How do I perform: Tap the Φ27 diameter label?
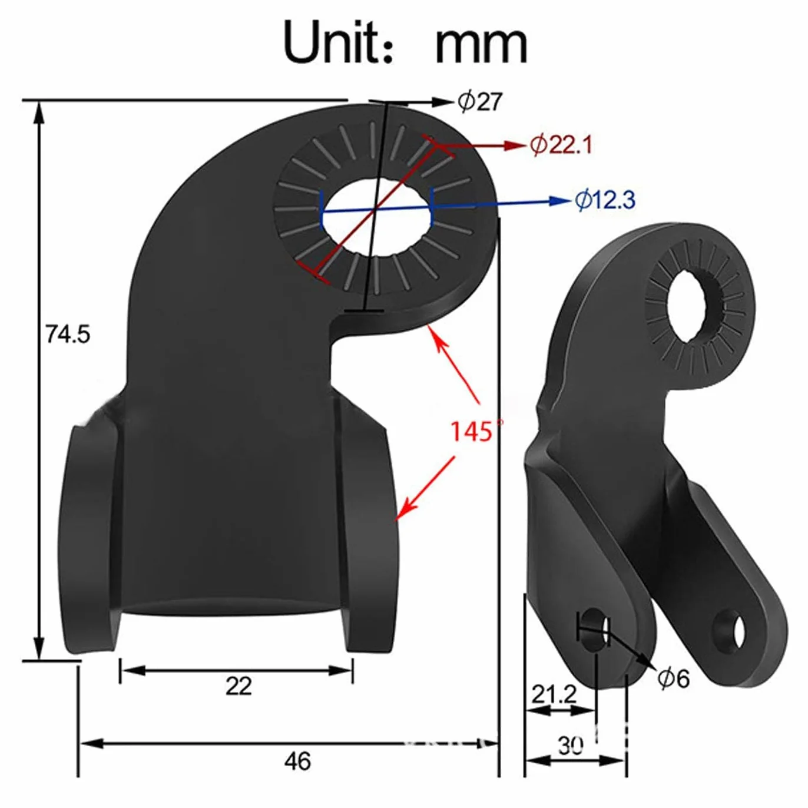coord(480,102)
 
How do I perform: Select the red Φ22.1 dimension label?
coord(561,145)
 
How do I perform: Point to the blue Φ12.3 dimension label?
coord(605,200)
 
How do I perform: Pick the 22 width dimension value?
coord(239,687)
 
